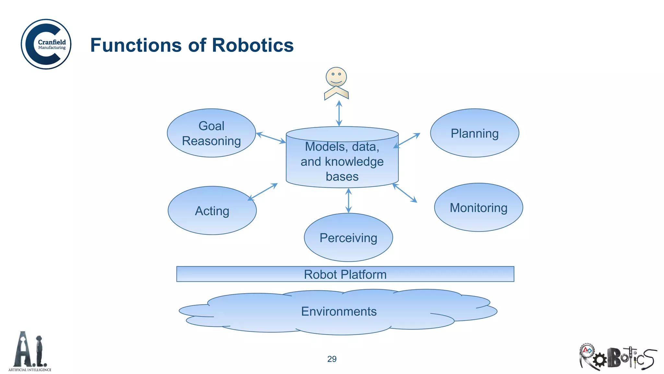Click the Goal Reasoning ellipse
pos(211,133)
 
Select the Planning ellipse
pos(474,133)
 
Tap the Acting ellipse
pos(212,211)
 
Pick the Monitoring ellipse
pos(478,207)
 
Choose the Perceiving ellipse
pos(348,238)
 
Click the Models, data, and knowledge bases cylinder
pos(342,161)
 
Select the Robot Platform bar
pos(345,274)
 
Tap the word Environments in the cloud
pos(339,311)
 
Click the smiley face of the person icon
pos(336,77)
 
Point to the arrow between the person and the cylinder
pos(339,113)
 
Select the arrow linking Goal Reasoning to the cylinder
pos(271,138)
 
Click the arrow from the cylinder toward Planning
pos(407,141)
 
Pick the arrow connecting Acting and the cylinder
pos(263,192)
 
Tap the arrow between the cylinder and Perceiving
pos(349,201)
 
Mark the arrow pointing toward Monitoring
pos(405,193)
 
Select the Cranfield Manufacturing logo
pos(46,44)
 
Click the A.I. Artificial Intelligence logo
pos(30,352)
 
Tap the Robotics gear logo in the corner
pos(617,357)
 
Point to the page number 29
pos(332,359)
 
